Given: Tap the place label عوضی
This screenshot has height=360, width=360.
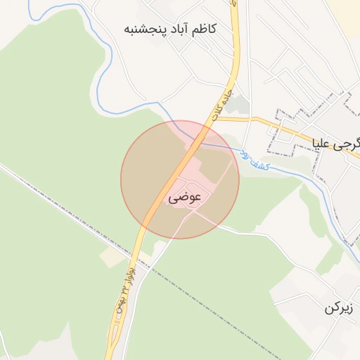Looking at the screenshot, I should (185, 198).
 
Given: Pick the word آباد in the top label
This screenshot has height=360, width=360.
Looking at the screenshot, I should (174, 29).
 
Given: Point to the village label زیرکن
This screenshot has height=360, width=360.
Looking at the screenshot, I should (342, 308).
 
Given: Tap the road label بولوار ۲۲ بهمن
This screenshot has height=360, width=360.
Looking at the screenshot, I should (124, 288).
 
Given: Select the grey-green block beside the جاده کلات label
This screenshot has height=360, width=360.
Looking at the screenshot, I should (240, 105).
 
